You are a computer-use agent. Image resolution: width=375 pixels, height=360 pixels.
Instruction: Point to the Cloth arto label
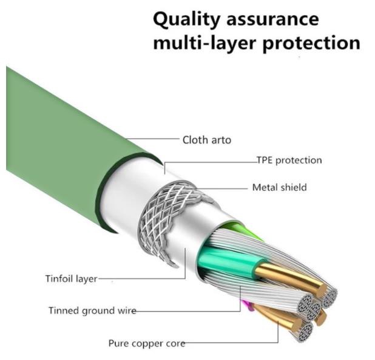206,140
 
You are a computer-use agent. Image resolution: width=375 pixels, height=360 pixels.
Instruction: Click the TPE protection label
289,161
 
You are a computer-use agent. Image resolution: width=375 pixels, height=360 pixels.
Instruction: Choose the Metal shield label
279,187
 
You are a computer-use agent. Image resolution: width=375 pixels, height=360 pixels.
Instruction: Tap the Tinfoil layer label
71,279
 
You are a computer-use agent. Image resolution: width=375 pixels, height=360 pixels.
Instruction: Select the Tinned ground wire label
92,311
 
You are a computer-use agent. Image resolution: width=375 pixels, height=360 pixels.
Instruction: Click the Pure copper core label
146,344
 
